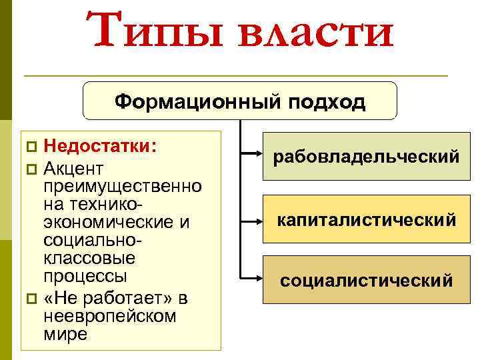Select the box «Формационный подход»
[x=239, y=101]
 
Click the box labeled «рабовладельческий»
[x=366, y=157]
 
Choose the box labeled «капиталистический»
[x=366, y=219]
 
